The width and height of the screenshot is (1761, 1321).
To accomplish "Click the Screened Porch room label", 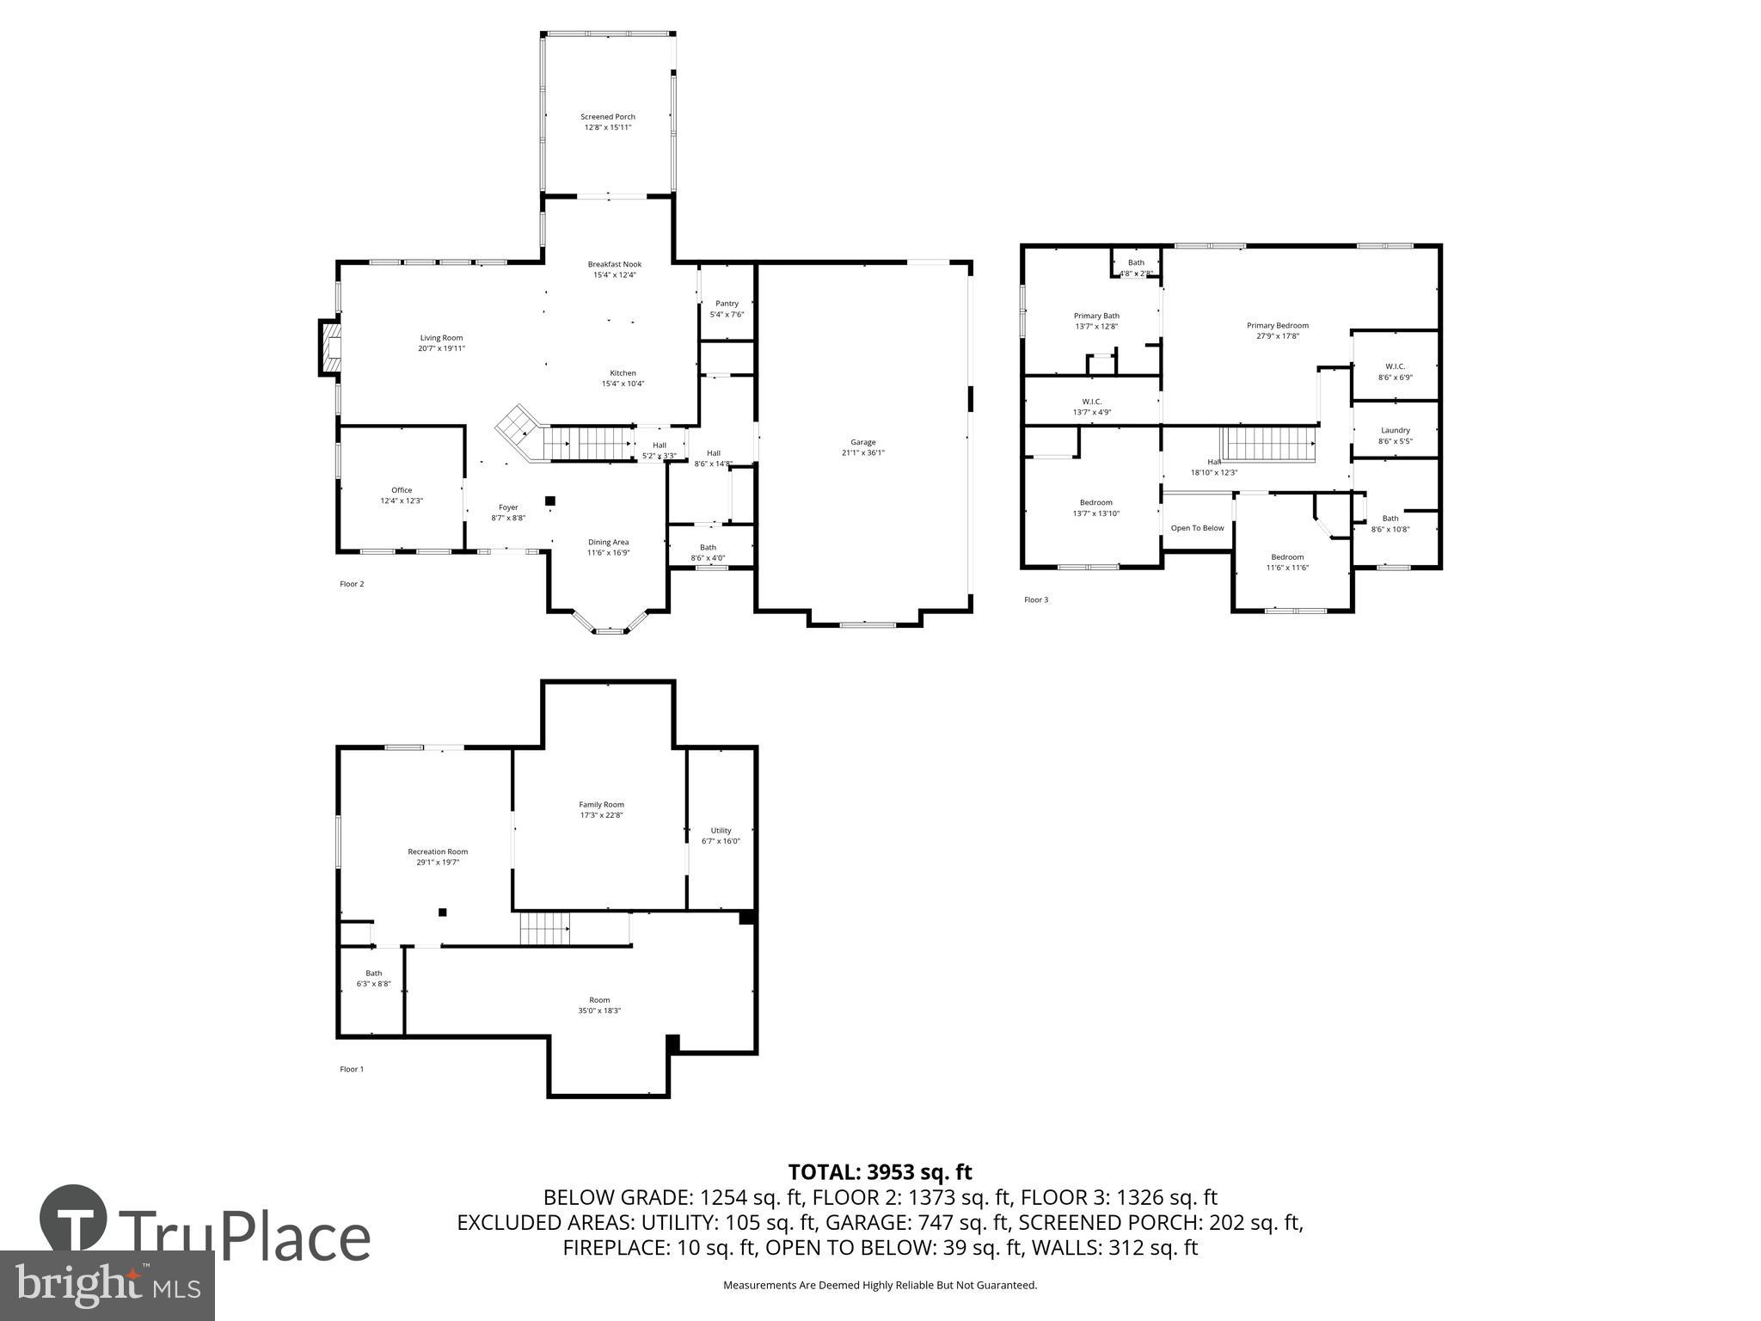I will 608,117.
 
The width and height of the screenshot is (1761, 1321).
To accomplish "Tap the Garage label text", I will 863,442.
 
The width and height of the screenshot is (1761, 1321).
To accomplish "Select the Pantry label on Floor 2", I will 727,304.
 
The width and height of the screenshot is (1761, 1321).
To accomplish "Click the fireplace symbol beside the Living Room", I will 329,347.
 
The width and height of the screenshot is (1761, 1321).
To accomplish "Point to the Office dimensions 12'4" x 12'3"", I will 402,501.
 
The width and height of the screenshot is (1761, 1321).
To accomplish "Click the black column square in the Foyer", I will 550,501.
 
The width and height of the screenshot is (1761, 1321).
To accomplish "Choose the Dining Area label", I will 608,542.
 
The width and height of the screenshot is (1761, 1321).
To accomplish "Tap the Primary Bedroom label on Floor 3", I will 1278,325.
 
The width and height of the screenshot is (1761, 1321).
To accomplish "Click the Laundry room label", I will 1396,430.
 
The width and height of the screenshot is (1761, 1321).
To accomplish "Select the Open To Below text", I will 1197,528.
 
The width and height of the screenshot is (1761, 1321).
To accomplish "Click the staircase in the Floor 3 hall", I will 1270,444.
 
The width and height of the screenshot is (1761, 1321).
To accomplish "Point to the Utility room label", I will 721,831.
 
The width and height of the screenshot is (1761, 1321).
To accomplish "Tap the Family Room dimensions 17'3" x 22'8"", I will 601,815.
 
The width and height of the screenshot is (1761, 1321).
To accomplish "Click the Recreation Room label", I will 438,851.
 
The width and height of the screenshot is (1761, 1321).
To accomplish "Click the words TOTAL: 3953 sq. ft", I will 880,1171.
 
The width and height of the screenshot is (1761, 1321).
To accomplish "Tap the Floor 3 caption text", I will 1036,599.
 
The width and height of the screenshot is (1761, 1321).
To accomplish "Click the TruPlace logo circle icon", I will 73,1220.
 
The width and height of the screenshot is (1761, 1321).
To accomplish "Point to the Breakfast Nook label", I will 615,264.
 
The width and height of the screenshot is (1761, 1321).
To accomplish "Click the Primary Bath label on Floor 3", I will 1096,316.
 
